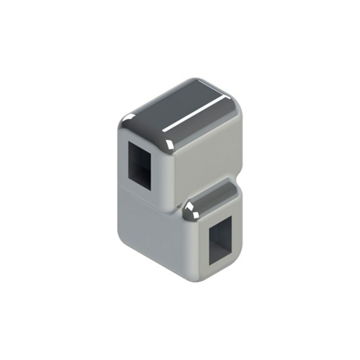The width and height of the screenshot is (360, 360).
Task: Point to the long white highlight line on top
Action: pyautogui.click(x=194, y=114)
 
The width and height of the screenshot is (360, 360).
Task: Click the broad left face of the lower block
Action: pyautogui.click(x=149, y=231)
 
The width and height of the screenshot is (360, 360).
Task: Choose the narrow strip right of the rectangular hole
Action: pyautogui.click(x=236, y=231)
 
